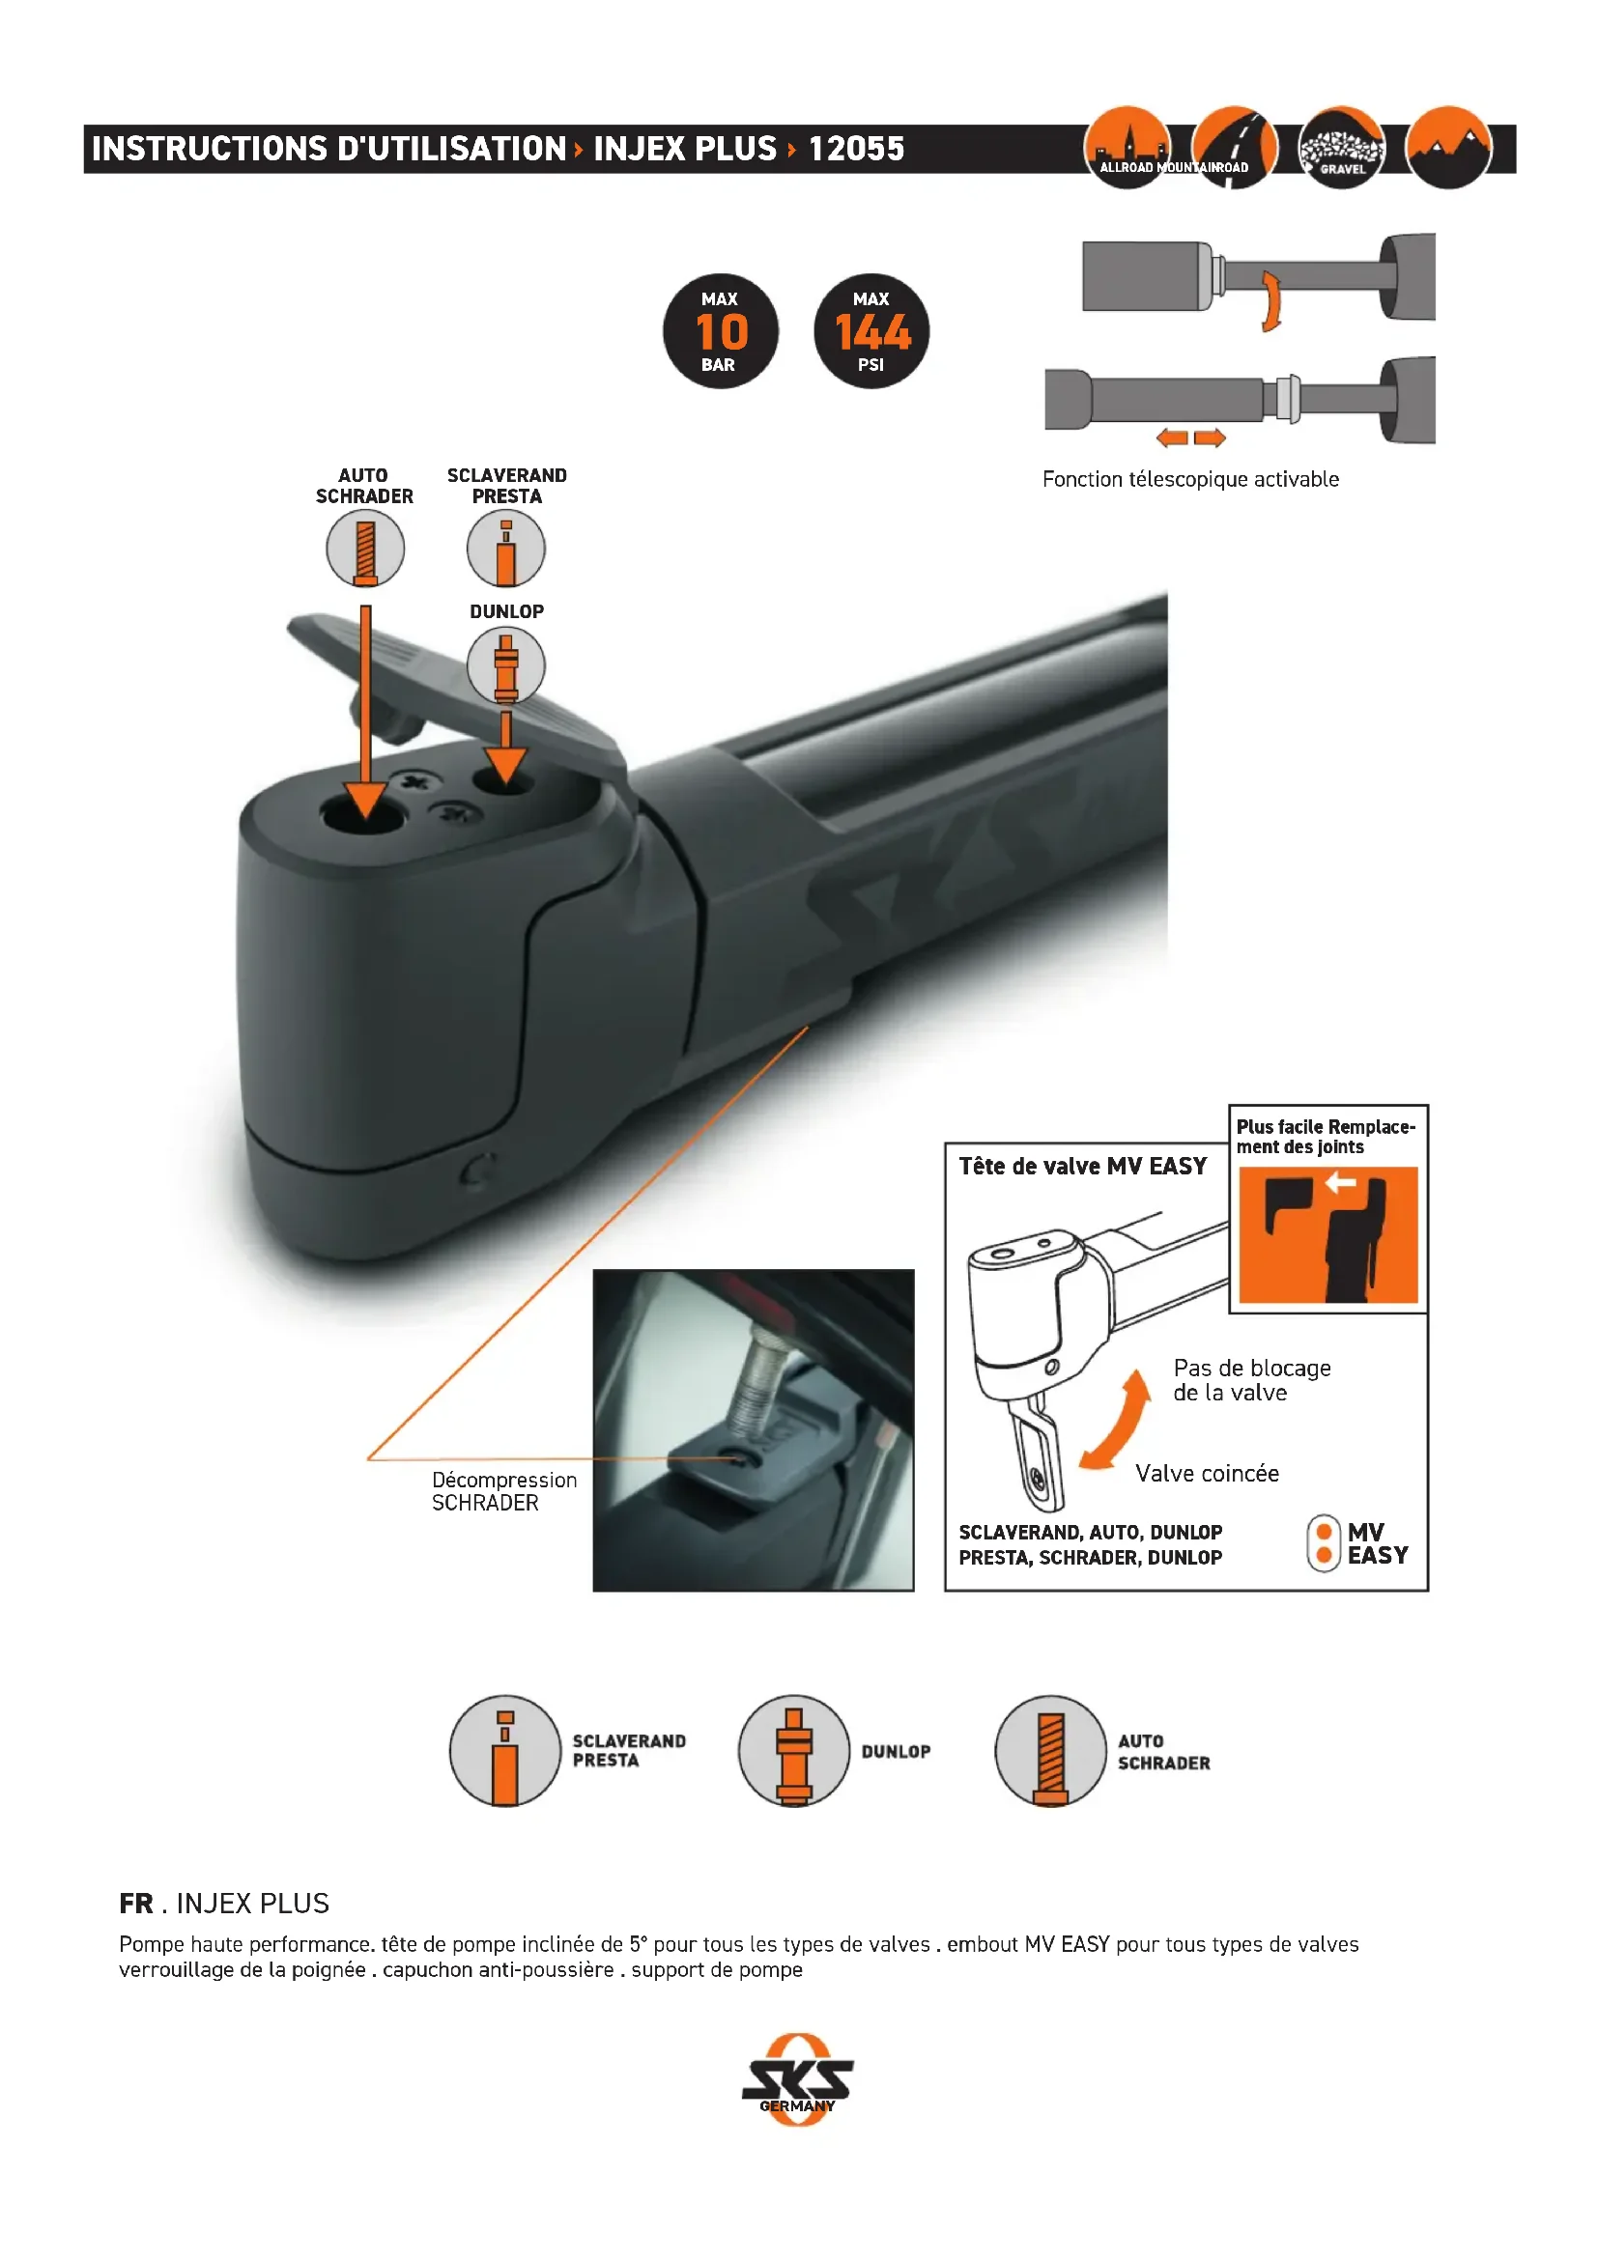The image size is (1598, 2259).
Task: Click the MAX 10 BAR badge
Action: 721,330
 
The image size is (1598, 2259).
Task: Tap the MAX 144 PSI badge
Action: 871,330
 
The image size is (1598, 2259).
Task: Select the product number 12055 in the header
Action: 856,149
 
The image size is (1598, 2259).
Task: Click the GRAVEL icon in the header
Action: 1342,149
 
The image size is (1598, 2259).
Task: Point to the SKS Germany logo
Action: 798,2080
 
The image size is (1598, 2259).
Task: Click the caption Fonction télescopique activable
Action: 1190,479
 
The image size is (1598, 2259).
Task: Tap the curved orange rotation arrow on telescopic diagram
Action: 1272,300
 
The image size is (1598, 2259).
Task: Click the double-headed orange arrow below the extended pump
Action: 1190,438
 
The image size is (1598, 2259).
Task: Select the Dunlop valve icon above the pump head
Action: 505,665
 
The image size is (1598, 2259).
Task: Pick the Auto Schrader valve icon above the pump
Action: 365,549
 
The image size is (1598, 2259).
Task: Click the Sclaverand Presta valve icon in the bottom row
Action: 504,1750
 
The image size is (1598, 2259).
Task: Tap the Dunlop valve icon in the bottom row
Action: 794,1750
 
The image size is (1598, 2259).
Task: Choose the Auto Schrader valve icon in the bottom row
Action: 1051,1750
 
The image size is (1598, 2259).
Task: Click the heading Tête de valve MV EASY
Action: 1082,1166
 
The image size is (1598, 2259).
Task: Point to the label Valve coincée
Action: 1208,1473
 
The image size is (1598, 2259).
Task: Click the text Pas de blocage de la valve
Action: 1251,1379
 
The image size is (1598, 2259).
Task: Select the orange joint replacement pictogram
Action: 1328,1235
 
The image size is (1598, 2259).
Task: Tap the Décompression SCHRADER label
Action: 503,1490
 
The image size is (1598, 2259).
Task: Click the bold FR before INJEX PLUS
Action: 136,1903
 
